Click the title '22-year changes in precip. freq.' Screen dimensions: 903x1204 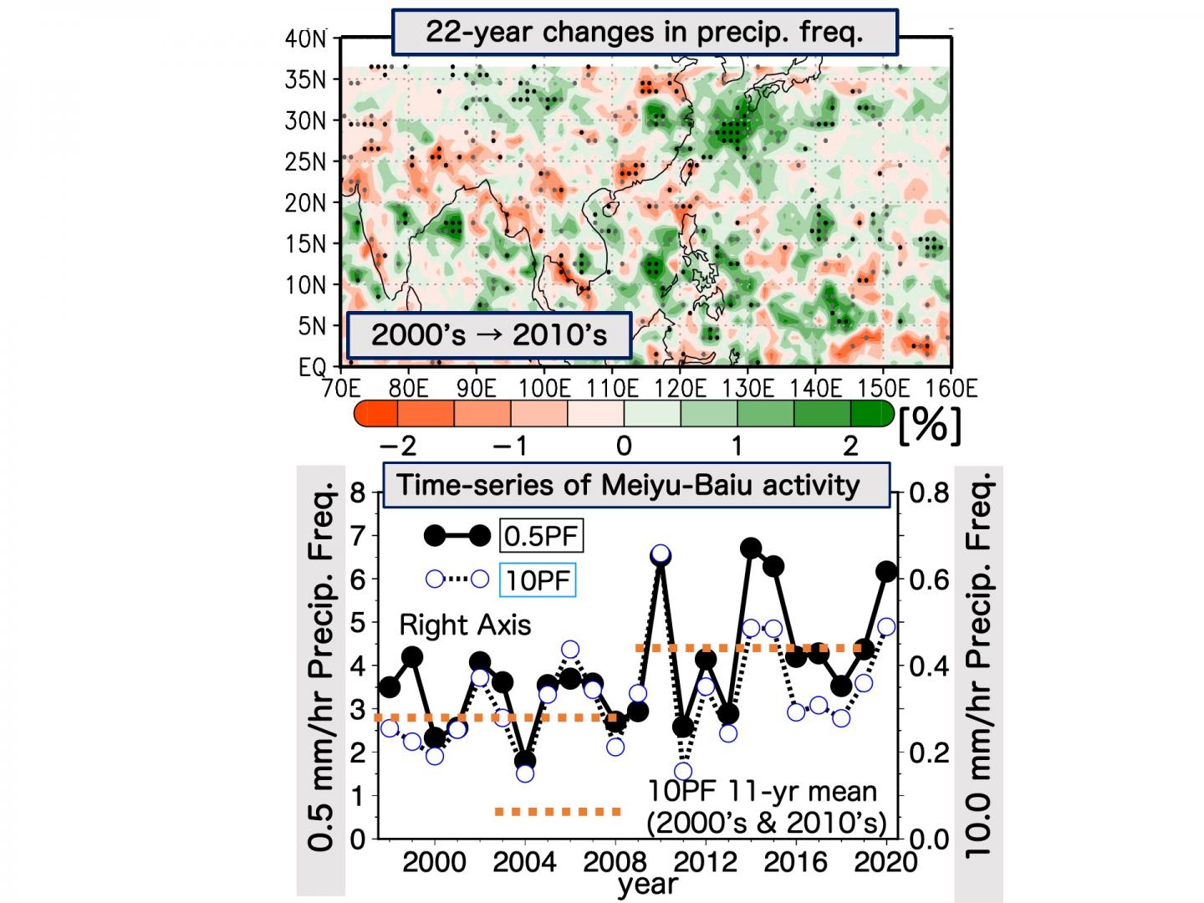pos(644,32)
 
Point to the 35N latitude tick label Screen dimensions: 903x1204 pos(306,80)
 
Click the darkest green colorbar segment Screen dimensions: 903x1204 pos(870,414)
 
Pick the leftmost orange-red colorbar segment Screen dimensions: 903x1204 pos(376,414)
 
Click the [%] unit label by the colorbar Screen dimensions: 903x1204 pos(930,426)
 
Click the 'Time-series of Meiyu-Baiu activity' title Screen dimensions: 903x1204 pos(629,486)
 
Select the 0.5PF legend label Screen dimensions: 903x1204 pos(541,536)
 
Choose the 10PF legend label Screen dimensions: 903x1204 pos(538,579)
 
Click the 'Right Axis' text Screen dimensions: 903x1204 pos(465,625)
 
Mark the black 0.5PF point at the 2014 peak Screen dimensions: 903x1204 pos(750,548)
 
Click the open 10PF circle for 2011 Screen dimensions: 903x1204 pos(683,771)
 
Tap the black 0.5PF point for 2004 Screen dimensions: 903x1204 pos(525,761)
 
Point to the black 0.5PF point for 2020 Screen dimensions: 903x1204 pos(886,572)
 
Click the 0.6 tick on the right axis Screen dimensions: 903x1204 pos(928,579)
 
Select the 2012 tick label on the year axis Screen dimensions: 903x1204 pos(704,862)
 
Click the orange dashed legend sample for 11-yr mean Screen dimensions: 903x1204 pos(558,811)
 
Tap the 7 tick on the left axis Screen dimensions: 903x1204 pos(359,536)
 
